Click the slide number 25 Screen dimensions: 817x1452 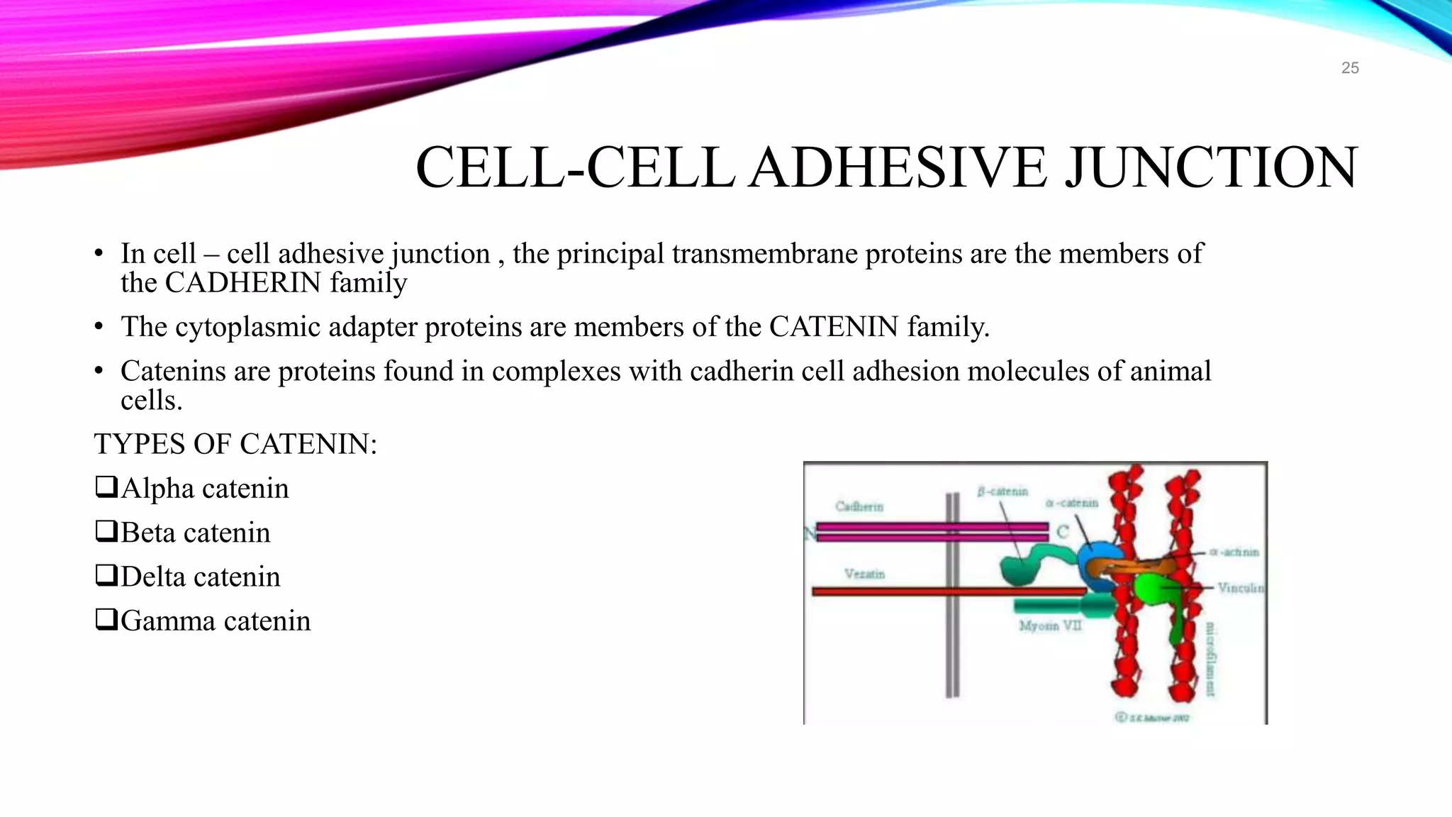(1350, 68)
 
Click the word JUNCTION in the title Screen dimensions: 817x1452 (1212, 167)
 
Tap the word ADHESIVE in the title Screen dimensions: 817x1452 (898, 167)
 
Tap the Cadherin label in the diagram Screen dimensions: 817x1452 (859, 506)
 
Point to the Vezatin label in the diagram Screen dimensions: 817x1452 (864, 574)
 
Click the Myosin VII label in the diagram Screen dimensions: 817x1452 (1050, 626)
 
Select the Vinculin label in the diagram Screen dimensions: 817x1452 (1240, 587)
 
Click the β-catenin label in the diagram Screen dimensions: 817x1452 (1002, 491)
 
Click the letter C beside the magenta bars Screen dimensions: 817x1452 (1062, 532)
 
